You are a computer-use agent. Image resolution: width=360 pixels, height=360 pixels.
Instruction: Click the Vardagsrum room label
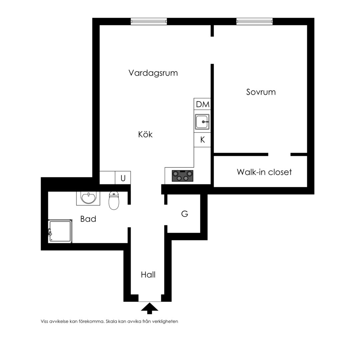[x=153, y=73]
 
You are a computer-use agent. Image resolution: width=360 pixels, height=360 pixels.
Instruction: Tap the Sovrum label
[x=261, y=92]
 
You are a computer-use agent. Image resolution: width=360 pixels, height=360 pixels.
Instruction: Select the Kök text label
[x=145, y=134]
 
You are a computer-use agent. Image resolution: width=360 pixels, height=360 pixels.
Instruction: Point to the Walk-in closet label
[x=264, y=172]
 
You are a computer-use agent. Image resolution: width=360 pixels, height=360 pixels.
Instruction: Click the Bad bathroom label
[x=88, y=219]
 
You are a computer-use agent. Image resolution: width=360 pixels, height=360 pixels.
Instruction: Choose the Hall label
[x=148, y=275]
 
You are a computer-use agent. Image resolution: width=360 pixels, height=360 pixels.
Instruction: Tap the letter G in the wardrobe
[x=185, y=214]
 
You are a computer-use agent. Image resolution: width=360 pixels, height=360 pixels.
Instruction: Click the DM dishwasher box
[x=202, y=104]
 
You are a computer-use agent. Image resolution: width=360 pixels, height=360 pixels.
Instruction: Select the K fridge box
[x=202, y=140]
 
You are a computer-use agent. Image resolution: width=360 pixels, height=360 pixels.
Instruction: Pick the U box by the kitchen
[x=123, y=178]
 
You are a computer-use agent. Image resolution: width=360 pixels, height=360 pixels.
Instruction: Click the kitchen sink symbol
[x=202, y=122]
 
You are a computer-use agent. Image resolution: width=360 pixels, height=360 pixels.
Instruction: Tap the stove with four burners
[x=183, y=176]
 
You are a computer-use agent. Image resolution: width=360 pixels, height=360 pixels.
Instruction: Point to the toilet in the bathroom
[x=114, y=200]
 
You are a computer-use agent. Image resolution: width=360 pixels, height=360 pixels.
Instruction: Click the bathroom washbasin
[x=88, y=198]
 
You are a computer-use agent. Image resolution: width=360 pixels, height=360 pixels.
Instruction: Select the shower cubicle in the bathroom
[x=60, y=231]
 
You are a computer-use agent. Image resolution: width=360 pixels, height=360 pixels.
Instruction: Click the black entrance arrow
[x=149, y=308]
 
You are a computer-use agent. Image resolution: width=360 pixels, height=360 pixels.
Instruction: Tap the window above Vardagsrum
[x=149, y=22]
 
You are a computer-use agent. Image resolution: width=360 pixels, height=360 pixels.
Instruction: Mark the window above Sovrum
[x=255, y=22]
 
